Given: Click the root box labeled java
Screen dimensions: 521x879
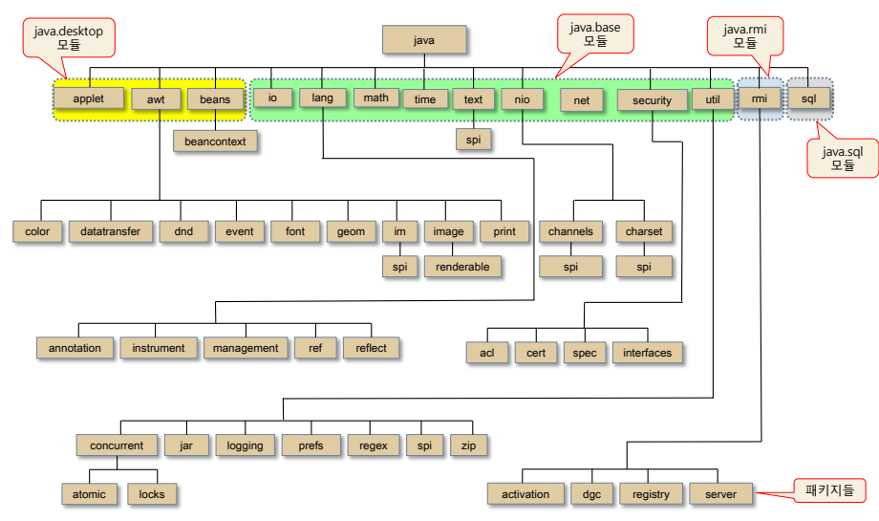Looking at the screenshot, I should click(x=424, y=39).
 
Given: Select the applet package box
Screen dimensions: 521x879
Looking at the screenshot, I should click(x=88, y=98).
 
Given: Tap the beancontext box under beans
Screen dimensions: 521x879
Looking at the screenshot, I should click(x=216, y=141).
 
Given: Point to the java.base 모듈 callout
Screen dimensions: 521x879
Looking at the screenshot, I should click(x=594, y=34).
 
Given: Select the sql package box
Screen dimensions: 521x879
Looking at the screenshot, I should click(x=808, y=98).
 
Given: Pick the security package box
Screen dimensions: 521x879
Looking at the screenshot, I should click(x=652, y=99).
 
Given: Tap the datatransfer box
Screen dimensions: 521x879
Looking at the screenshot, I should click(x=111, y=231).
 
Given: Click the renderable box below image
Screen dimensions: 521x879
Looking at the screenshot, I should click(x=462, y=267).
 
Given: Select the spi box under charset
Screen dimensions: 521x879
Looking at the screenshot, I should click(x=644, y=267).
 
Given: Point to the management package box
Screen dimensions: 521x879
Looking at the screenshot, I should click(x=246, y=348).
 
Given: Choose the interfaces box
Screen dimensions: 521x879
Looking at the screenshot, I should click(x=647, y=353).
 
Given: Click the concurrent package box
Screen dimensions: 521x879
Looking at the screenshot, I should click(x=117, y=445).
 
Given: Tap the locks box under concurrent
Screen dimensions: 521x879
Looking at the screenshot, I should click(x=152, y=494).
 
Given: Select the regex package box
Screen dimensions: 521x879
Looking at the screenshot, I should click(x=373, y=445).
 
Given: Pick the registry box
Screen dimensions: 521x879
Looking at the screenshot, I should click(x=651, y=494).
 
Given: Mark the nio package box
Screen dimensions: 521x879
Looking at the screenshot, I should click(x=522, y=98).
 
